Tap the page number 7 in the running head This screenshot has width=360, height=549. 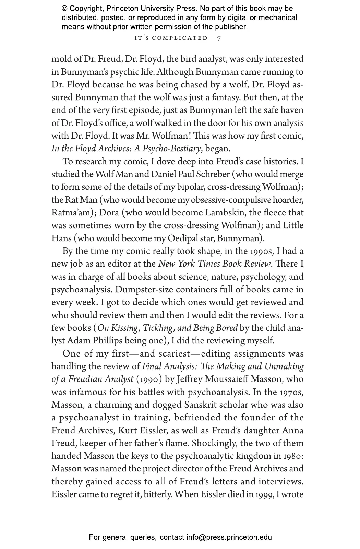click(x=219, y=38)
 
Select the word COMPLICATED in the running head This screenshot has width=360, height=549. click(x=180, y=38)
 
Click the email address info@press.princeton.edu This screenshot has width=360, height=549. click(x=229, y=537)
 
